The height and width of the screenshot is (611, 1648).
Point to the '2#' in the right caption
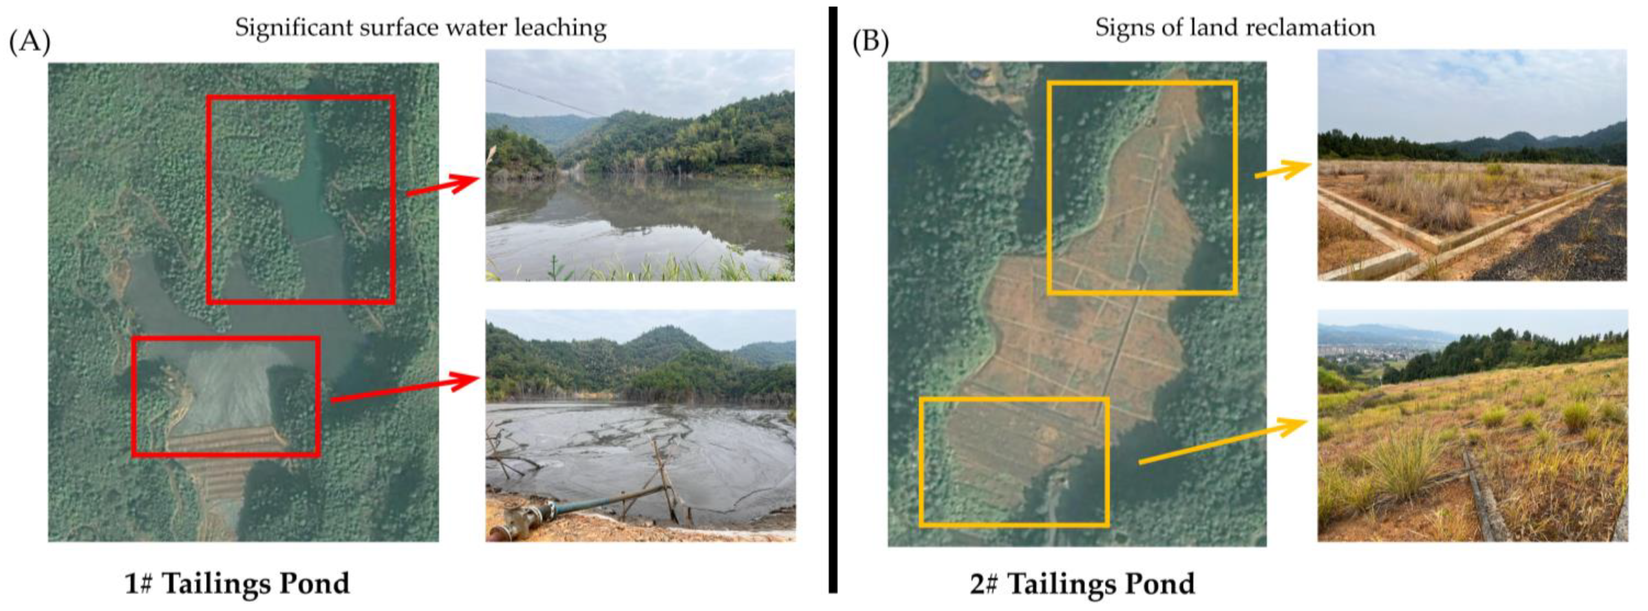click(985, 584)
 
